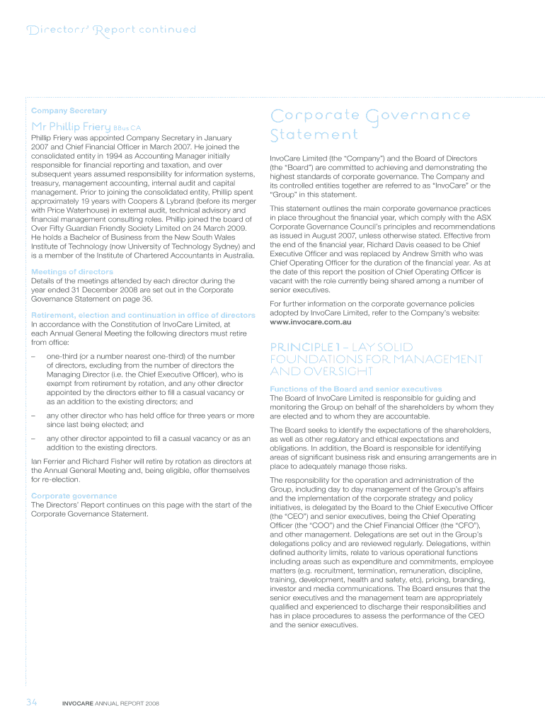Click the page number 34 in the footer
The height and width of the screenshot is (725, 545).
click(31, 703)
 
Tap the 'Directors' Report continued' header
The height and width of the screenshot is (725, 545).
click(110, 30)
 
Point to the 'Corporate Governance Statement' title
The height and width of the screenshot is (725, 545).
click(369, 124)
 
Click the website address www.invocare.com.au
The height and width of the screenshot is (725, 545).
click(311, 322)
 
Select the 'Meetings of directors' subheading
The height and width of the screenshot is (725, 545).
click(72, 272)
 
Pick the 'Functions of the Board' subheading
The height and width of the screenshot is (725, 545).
click(356, 389)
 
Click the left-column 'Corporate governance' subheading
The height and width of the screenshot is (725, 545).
click(74, 496)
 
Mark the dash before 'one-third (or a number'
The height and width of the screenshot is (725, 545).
click(34, 356)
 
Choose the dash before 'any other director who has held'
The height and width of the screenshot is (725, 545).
click(34, 416)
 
